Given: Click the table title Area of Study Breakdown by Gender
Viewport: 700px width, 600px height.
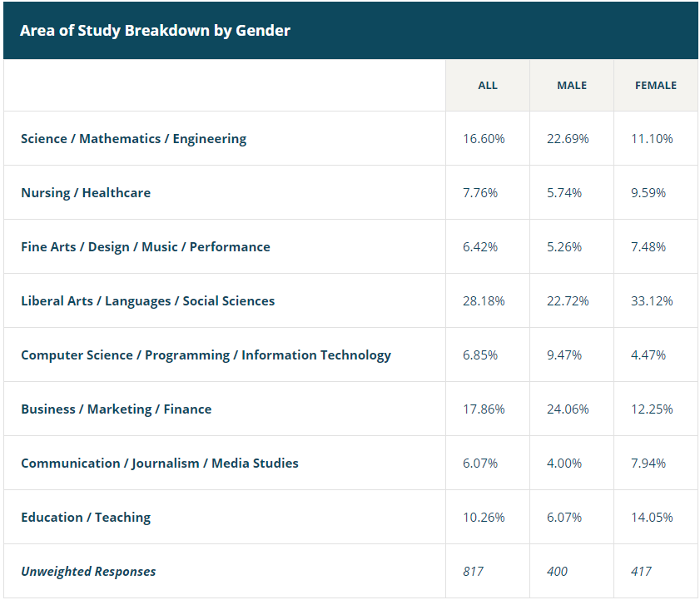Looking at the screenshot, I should [155, 31].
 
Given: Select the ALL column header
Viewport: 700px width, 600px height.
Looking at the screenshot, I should [488, 85].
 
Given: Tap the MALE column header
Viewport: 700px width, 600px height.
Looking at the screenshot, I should [572, 85].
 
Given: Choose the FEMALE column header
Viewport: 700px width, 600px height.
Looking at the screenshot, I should [656, 85].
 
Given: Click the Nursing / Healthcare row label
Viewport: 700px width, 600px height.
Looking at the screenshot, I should [86, 192].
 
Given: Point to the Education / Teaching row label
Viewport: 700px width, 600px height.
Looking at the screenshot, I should [86, 517].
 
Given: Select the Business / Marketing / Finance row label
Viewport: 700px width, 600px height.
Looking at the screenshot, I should [116, 409].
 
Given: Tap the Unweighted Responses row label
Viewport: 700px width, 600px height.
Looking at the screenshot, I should [88, 571].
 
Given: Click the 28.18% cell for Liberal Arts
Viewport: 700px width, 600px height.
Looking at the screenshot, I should [484, 300].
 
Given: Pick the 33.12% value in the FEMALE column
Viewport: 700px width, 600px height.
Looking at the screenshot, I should [652, 300].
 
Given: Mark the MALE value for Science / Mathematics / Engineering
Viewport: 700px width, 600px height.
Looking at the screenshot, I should [568, 138].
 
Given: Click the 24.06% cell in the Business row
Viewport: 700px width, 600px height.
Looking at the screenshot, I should [568, 409].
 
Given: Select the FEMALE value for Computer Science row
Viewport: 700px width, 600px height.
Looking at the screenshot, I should [648, 355].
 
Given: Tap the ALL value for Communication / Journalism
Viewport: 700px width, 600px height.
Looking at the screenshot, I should [480, 463].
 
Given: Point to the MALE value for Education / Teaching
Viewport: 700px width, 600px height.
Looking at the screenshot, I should [564, 517].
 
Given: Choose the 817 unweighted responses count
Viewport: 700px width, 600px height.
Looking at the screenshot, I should [473, 571].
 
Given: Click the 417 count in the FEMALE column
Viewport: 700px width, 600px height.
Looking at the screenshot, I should [641, 571].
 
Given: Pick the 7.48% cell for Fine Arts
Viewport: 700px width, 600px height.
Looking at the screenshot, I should [648, 246].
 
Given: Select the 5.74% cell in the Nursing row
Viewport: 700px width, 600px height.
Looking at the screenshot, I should [564, 192].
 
